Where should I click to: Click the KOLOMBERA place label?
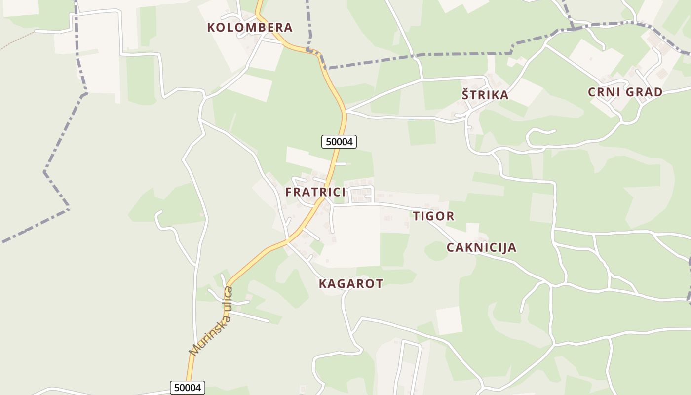point(250,27)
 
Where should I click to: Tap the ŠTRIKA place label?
point(485,95)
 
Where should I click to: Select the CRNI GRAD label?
point(625,92)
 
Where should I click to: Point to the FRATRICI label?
point(315,192)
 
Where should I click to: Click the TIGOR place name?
point(433,216)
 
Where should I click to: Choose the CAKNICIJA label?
point(481,247)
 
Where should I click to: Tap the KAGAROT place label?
point(351,283)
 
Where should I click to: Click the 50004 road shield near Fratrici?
point(339,142)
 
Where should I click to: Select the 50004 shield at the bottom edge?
point(188,388)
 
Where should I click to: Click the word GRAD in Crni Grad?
point(644,92)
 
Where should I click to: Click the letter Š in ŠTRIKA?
point(465,95)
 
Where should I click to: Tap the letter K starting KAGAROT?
point(323,283)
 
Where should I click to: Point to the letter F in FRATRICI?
point(289,192)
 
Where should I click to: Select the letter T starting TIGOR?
point(416,216)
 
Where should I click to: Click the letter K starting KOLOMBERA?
point(211,27)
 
